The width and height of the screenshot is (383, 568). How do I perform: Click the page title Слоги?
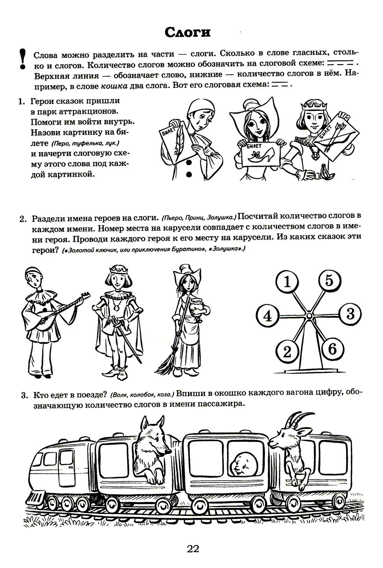188,33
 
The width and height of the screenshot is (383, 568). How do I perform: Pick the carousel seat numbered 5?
329,281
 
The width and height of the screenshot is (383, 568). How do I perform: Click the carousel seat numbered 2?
286,351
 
